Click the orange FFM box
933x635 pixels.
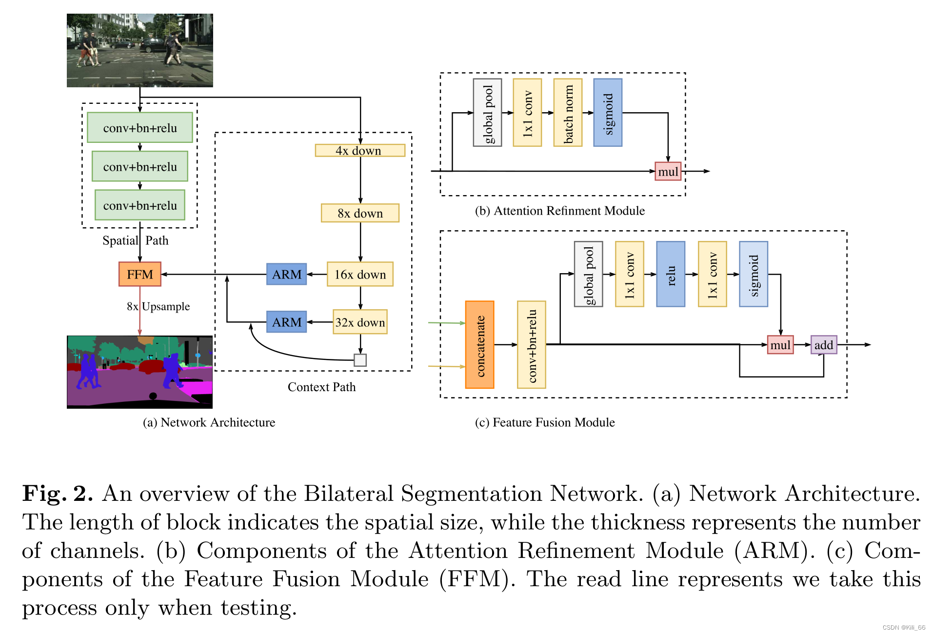(139, 274)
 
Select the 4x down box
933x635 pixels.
(360, 150)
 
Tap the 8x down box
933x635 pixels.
(360, 213)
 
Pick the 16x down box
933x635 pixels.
(360, 274)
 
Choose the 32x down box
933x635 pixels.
(360, 322)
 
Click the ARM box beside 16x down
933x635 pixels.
(286, 274)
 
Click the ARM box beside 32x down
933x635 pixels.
(286, 322)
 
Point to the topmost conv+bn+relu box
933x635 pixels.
(140, 128)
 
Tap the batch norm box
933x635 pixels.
(568, 113)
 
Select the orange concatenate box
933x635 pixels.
(479, 344)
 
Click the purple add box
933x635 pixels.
(823, 345)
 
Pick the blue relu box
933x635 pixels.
(671, 274)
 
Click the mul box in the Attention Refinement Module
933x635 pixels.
(668, 171)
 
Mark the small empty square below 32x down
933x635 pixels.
(360, 360)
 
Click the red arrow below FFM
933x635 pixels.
(140, 312)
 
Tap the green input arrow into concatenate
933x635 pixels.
(446, 323)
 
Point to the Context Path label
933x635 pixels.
(321, 387)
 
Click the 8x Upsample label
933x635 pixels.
(158, 306)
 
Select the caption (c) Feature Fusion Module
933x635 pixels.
(544, 422)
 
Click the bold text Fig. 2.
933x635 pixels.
(58, 493)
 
